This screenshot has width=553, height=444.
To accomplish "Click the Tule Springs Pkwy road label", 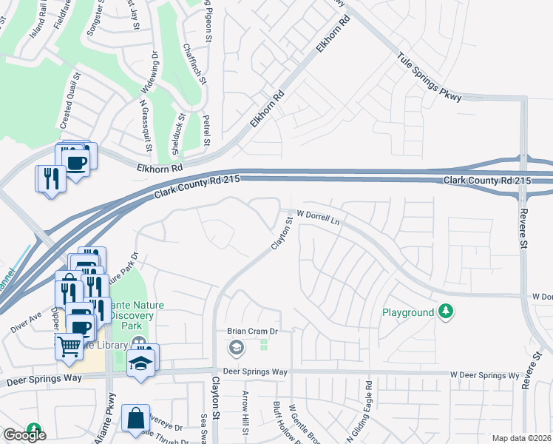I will pos(430,77).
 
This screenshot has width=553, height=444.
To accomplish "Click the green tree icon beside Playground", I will pos(445,312).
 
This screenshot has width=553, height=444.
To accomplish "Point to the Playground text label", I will pos(407,312).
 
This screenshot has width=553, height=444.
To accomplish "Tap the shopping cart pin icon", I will pos(69,346).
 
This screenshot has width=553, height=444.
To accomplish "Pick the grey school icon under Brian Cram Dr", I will pos(236,346).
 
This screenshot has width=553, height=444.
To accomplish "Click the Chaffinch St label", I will pos(189,67).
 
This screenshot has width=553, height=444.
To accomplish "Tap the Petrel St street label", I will pos(207,130).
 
